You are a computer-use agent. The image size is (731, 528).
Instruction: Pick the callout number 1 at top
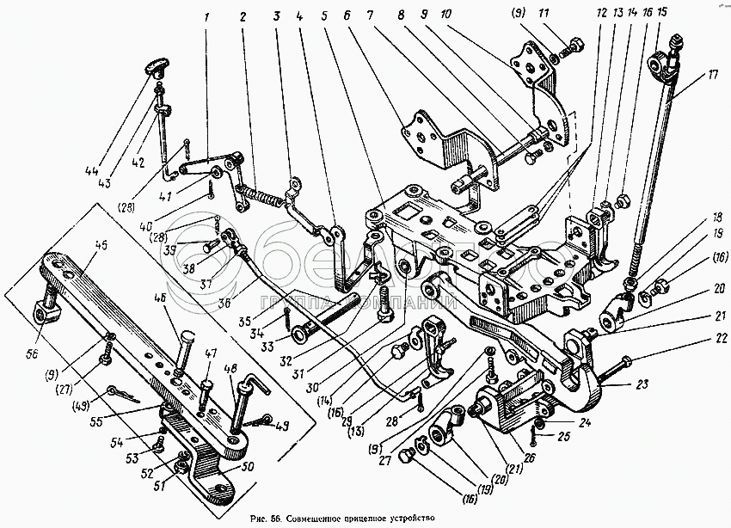[207, 15]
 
